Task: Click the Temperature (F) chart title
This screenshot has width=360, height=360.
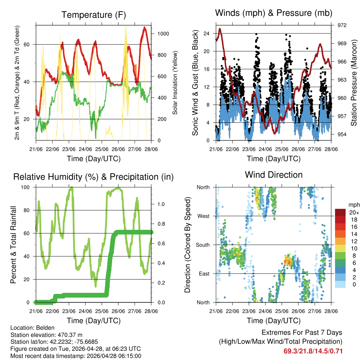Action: (x=93, y=15)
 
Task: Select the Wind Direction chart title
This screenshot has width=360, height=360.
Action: (x=274, y=174)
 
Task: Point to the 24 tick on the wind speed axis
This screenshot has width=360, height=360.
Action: (x=206, y=33)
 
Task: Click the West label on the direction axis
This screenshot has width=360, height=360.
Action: (x=203, y=216)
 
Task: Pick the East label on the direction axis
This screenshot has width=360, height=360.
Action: (x=204, y=274)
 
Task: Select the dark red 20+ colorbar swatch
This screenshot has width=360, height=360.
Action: (x=340, y=212)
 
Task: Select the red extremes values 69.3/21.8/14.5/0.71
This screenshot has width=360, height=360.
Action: (x=313, y=351)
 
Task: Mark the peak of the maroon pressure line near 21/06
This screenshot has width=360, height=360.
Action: (x=220, y=29)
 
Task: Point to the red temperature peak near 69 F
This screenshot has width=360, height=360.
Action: (x=144, y=27)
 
